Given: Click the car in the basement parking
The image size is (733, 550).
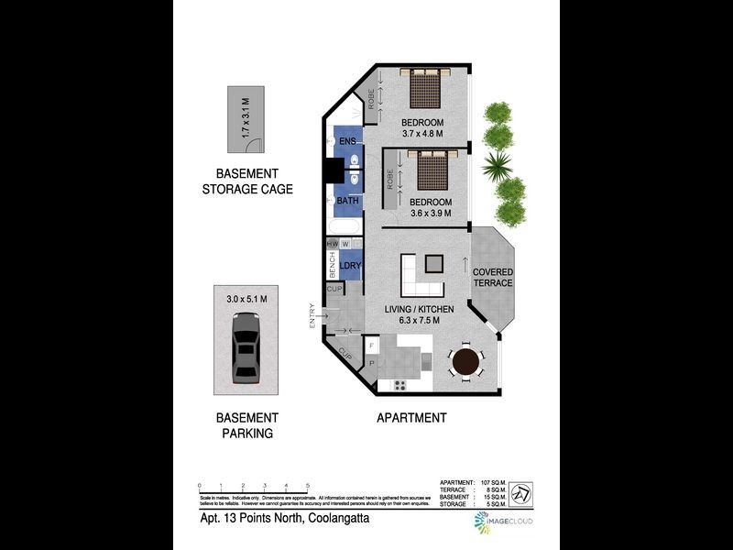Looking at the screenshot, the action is pos(246,349).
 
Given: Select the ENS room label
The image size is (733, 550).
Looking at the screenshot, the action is pos(347,141).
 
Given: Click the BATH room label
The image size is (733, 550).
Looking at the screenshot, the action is pos(347,201).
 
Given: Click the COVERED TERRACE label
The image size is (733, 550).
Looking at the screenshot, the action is pos(492,278).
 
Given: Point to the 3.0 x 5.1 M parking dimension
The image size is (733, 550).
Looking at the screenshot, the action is pos(253,299).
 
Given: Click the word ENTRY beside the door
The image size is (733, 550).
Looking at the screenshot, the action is pos(312,315).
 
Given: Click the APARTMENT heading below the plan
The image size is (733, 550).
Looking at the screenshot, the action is pos(411,418).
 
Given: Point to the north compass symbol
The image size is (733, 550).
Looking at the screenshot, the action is pos(520,492).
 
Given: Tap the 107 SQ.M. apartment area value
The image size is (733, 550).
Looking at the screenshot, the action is pos(489,481).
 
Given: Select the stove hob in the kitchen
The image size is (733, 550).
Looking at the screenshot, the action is pos(400,384).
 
